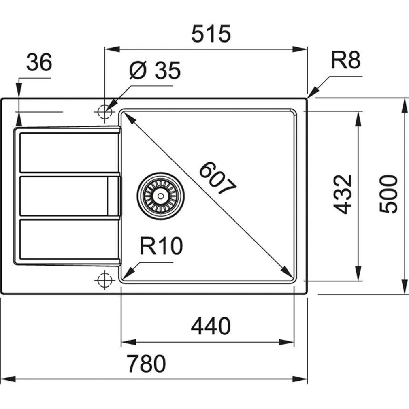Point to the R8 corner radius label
345,61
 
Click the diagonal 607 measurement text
217,178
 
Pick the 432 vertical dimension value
342,194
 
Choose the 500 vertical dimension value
389,194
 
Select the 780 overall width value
146,363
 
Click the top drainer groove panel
67,152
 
